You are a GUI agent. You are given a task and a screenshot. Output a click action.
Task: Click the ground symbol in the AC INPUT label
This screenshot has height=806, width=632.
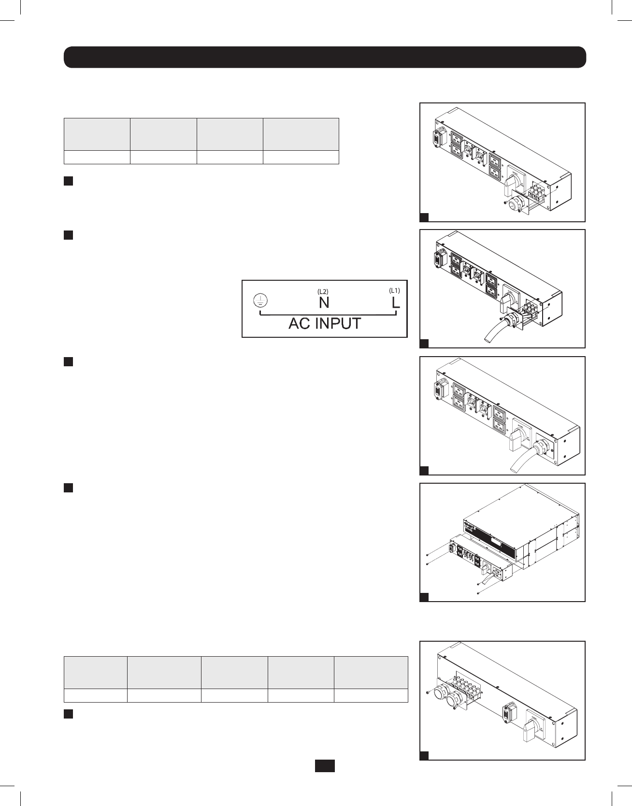tap(260, 301)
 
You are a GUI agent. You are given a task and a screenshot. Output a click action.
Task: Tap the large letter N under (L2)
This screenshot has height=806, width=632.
tap(324, 303)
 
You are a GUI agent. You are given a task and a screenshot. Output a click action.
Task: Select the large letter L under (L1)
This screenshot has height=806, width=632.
tap(396, 303)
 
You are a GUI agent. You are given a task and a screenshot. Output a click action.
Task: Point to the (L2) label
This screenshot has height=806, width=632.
tap(323, 291)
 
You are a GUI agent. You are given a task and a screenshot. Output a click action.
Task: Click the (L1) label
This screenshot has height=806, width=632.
tap(395, 290)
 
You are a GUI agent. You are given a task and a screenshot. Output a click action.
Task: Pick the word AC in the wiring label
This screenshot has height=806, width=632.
tap(299, 323)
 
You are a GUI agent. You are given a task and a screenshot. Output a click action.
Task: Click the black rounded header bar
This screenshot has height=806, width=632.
tap(325, 57)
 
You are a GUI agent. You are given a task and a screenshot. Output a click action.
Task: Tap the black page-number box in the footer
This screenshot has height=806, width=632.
tap(325, 766)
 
